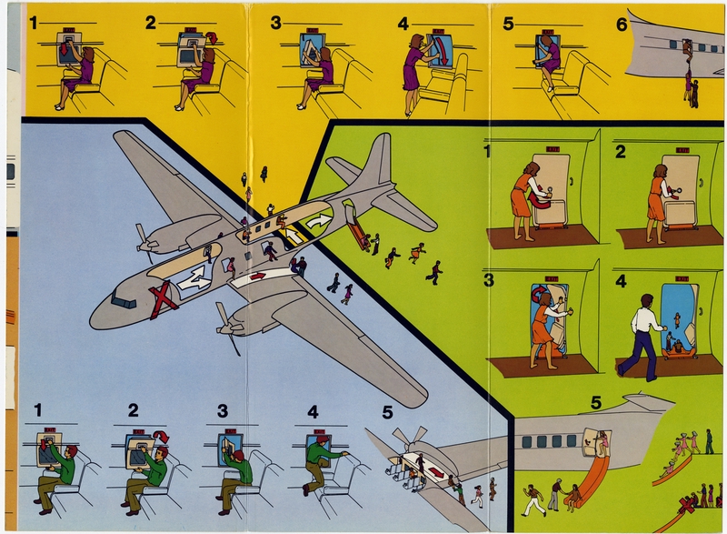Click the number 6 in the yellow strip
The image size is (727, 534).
(x=622, y=25)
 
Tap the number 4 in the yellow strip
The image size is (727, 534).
(x=403, y=25)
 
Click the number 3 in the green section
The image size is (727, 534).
(x=489, y=280)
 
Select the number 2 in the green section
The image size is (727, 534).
(x=620, y=151)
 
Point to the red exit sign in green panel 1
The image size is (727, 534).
(x=553, y=148)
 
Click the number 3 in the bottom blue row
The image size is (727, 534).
(x=222, y=411)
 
